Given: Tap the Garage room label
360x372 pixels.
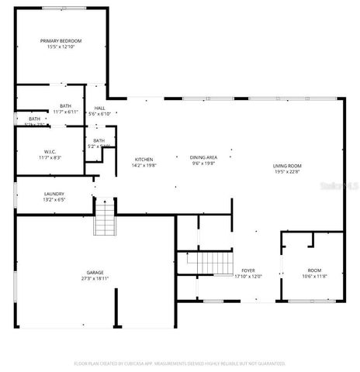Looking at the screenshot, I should (95, 275).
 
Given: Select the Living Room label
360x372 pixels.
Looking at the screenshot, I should (287, 166).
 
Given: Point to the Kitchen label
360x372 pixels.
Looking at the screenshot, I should (144, 160).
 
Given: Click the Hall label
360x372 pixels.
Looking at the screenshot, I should (100, 108).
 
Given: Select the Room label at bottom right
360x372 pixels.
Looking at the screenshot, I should (313, 270).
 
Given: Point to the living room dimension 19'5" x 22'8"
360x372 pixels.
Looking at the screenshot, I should (287, 173).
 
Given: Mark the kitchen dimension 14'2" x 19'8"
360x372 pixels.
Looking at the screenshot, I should (144, 166).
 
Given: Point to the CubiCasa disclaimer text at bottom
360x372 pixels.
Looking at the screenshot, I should (180, 363).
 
